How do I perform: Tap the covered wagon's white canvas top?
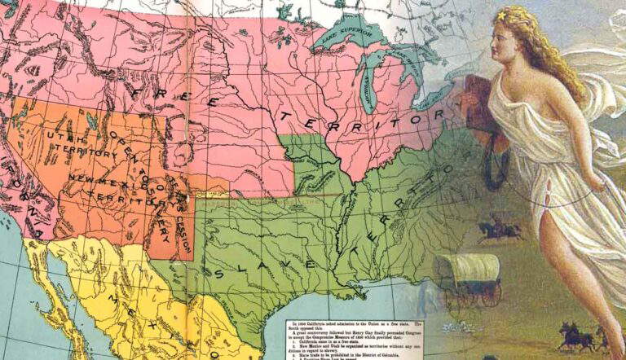[467, 266]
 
